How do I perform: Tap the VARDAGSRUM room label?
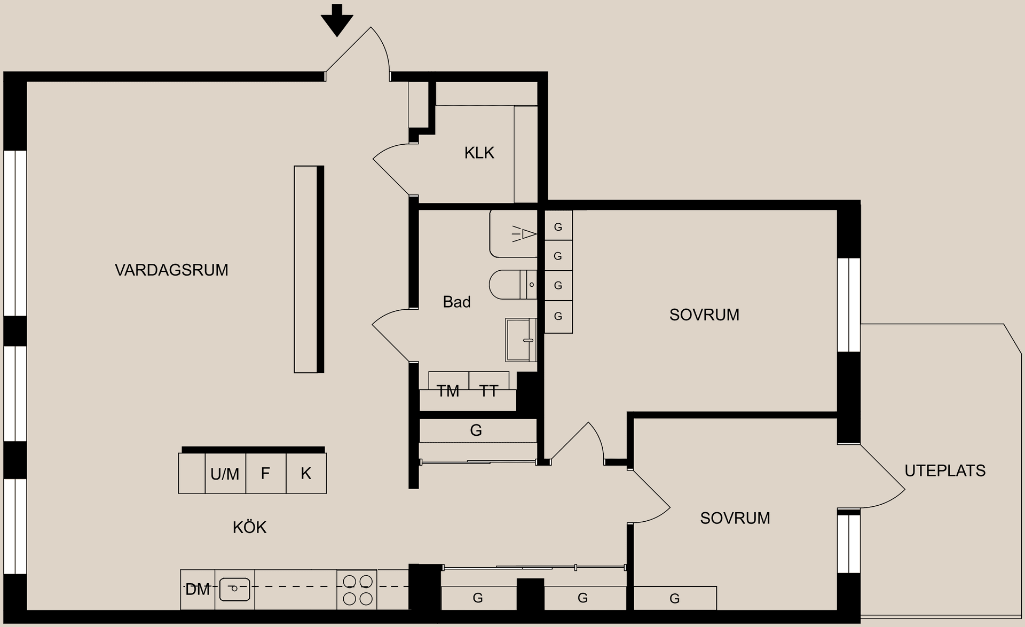[171, 270]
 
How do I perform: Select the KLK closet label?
[479, 153]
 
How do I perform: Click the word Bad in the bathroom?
[456, 302]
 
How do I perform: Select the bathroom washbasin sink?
[521, 340]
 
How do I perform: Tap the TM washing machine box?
[448, 390]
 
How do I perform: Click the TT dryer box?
[488, 390]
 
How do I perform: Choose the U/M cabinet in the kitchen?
[225, 474]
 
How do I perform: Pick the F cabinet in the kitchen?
[265, 473]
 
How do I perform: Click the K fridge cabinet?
[306, 473]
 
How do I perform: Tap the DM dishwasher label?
[198, 590]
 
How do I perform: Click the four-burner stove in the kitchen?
[357, 590]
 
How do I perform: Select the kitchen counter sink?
[234, 590]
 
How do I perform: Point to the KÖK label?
[249, 528]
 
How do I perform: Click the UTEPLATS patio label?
[944, 471]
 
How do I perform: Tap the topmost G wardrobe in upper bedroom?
[558, 226]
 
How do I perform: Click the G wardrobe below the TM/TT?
[476, 430]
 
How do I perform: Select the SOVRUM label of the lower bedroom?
[735, 518]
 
